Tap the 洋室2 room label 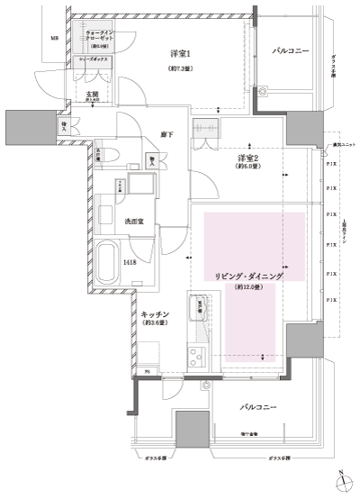coord(247,156)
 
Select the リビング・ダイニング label coord(246,277)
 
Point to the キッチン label coord(156,314)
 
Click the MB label coord(54,39)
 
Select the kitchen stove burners coord(196,358)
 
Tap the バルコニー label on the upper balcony coord(290,52)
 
